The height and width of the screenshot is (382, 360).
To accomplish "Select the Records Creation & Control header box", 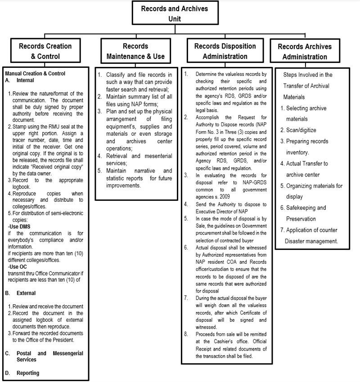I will tap(45, 51).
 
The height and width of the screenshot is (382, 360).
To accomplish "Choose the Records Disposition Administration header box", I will tap(225, 51).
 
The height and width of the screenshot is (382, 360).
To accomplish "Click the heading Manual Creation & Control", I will tap(35, 74).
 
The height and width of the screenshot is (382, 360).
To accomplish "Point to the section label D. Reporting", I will tap(22, 373).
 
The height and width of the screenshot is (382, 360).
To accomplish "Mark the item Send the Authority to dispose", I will tap(232, 204).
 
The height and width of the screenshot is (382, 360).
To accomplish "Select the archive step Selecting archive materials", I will tap(306, 114).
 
